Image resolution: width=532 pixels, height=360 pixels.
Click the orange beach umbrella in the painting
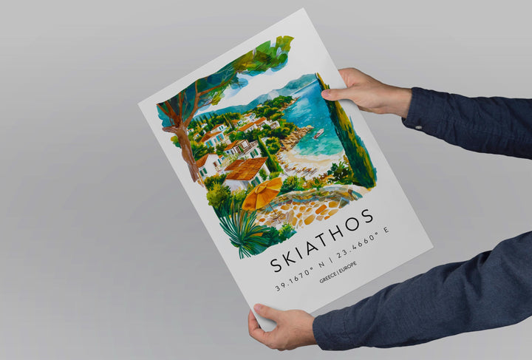click(x=262, y=194)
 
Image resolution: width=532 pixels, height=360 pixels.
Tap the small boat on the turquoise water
click(x=318, y=134)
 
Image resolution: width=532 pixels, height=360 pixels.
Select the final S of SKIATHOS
click(x=368, y=217)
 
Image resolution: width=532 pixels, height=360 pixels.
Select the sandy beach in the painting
click(x=310, y=163)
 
